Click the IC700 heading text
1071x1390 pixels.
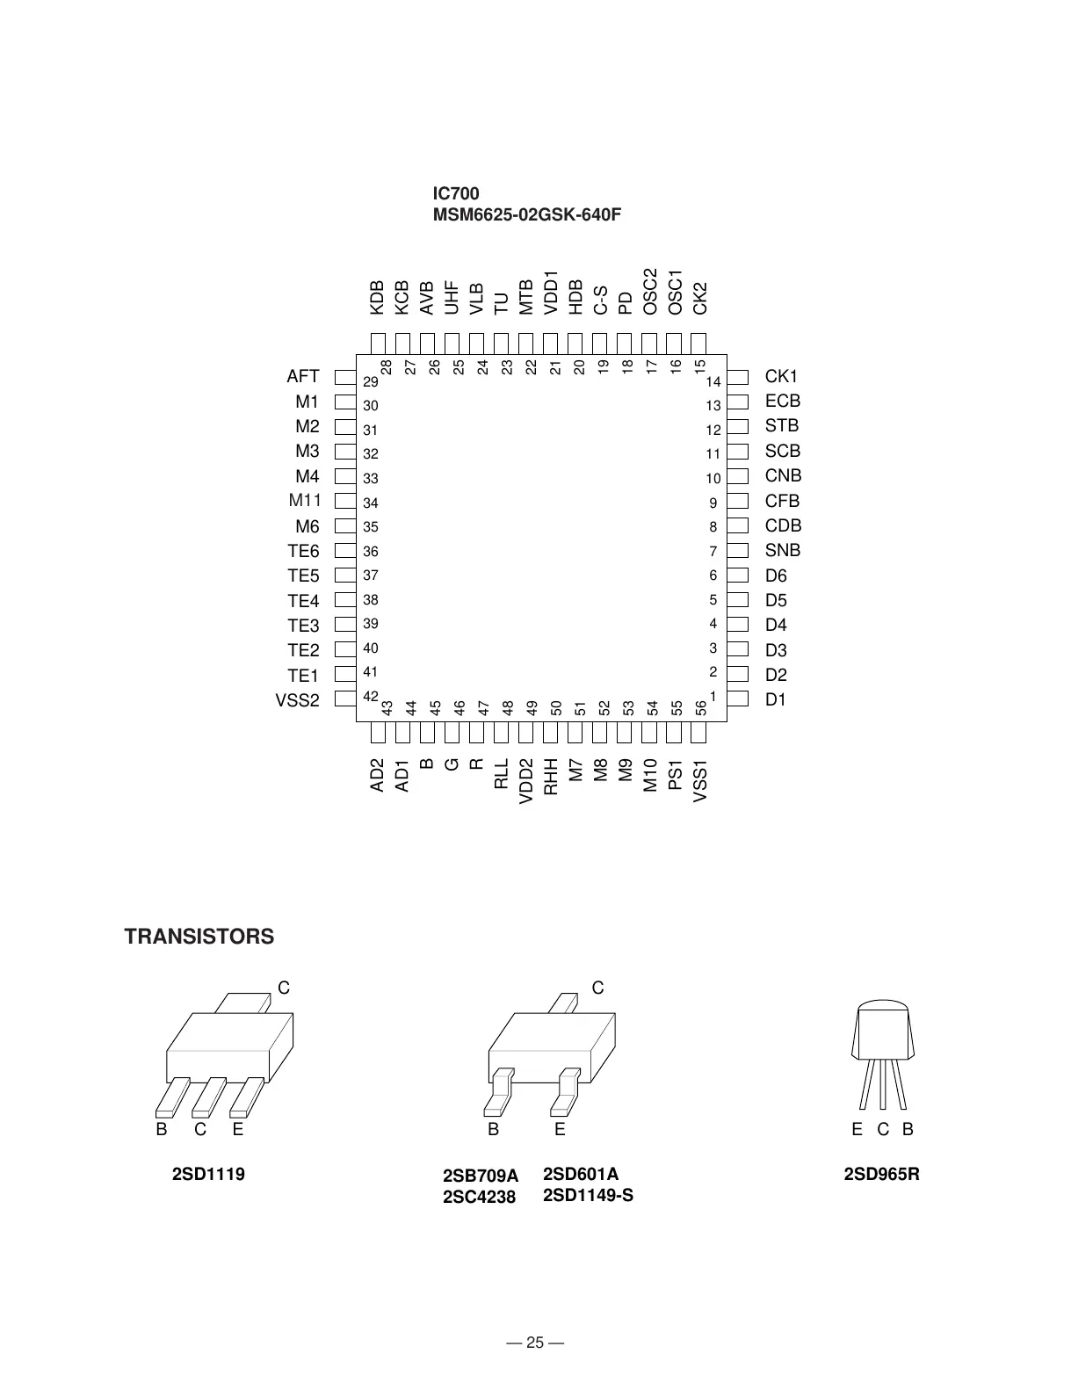point(455,193)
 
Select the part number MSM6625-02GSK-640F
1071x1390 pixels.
point(526,215)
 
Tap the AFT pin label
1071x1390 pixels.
point(303,377)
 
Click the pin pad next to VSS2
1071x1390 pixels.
point(344,700)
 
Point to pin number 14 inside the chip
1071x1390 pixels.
point(713,381)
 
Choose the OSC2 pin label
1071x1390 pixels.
point(650,292)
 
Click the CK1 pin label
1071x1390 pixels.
point(781,377)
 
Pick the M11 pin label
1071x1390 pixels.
point(305,501)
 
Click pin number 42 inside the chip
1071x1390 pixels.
point(370,697)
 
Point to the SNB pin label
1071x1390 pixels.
point(783,551)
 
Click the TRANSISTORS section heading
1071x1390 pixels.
point(199,937)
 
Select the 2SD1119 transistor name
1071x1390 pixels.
point(208,1175)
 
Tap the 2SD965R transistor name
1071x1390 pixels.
point(881,1175)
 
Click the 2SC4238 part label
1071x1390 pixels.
point(479,1197)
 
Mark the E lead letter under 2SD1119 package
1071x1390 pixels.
point(238,1130)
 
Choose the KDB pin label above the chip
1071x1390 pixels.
point(377,298)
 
